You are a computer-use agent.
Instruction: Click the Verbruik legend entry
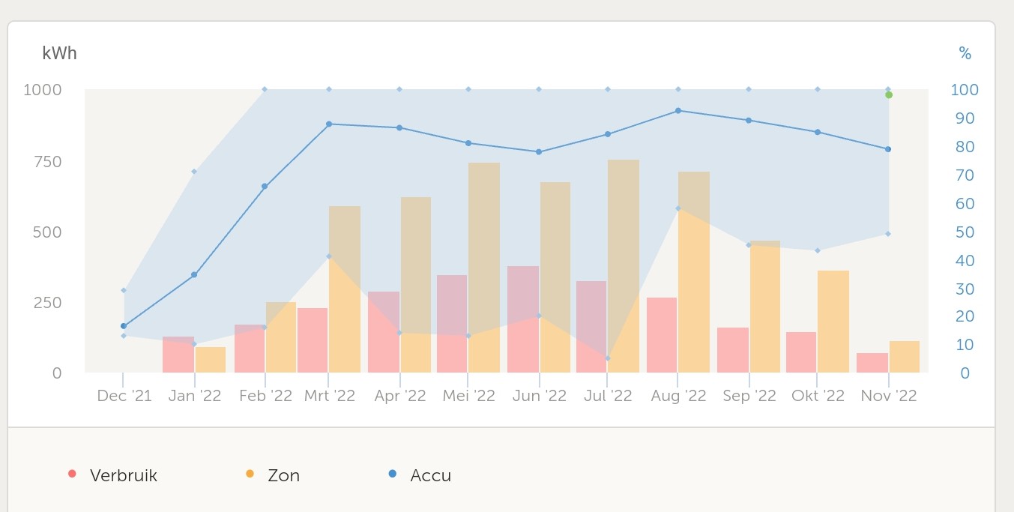[x=123, y=475]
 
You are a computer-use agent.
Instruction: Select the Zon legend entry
[x=283, y=475]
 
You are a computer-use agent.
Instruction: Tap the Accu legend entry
[x=430, y=475]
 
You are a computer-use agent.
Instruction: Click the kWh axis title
[x=59, y=53]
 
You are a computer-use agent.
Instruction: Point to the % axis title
[x=965, y=53]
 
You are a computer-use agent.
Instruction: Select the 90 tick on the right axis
[x=964, y=118]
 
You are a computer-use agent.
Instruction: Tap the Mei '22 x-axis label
[x=469, y=396]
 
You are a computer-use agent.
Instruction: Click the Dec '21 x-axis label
[x=124, y=396]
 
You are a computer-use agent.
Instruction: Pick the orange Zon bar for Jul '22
[x=624, y=266]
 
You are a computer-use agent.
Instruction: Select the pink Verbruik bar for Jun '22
[x=523, y=319]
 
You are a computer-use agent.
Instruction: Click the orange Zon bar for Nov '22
[x=905, y=357]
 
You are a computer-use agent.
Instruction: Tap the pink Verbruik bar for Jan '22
[x=178, y=355]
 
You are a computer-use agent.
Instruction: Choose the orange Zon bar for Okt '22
[x=833, y=322]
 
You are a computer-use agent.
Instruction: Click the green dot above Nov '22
[x=889, y=95]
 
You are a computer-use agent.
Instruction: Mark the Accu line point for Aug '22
[x=678, y=110]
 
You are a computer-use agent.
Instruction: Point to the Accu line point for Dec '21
[x=124, y=326]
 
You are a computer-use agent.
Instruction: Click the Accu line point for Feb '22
[x=265, y=186]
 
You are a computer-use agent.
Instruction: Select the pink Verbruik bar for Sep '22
[x=733, y=350]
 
